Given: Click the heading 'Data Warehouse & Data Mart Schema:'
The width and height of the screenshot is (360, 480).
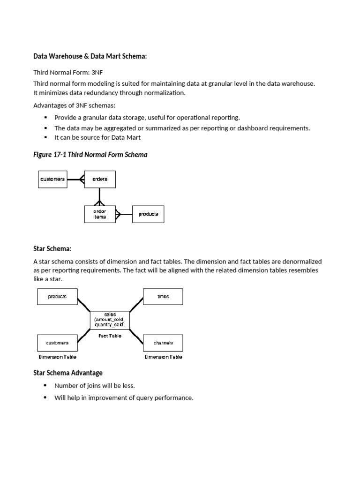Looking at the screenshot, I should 90,56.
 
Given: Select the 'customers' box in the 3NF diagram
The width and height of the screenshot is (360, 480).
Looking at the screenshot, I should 52,179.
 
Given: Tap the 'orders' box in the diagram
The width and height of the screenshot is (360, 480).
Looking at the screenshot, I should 99,179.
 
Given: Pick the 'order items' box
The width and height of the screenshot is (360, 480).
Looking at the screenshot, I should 99,214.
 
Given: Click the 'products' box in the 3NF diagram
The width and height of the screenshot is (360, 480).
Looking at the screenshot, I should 148,214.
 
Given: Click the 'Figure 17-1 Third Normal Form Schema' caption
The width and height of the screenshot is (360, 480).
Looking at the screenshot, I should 90,155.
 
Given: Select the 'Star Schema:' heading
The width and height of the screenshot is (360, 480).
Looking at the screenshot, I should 52,248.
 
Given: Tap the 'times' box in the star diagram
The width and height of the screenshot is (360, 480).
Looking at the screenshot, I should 163,297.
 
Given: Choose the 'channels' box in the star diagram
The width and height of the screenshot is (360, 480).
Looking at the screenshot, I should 163,343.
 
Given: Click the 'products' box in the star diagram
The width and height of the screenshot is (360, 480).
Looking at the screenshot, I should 57,297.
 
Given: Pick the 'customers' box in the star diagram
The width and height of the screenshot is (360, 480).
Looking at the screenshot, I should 57,343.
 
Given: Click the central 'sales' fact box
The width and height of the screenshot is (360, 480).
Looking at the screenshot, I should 110,320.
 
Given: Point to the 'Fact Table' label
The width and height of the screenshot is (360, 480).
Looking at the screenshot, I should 110,336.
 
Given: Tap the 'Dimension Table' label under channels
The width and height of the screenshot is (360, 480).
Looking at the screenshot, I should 163,357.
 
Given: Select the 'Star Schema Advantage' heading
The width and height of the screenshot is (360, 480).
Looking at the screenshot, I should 67,373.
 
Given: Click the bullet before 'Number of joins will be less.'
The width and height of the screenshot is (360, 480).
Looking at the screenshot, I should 45,386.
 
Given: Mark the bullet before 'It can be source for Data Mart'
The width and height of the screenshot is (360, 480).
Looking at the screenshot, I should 45,138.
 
